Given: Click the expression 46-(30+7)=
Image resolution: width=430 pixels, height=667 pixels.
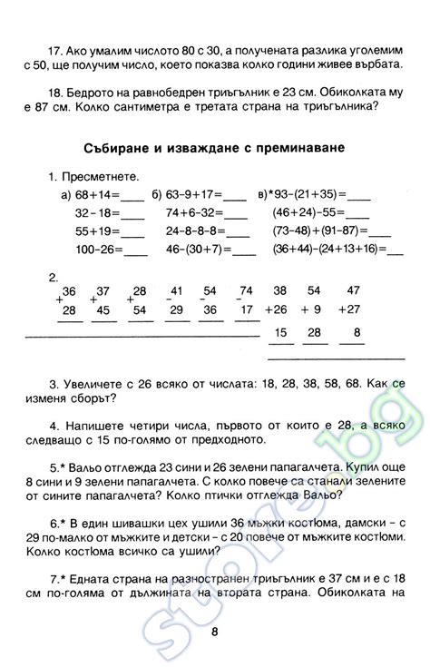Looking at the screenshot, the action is (x=199, y=249).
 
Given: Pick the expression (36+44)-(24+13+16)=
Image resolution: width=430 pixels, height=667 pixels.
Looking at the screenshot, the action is (x=327, y=249).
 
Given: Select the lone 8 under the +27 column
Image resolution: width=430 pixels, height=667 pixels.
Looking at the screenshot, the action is (x=357, y=333).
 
